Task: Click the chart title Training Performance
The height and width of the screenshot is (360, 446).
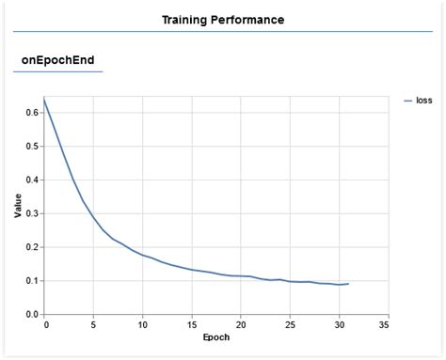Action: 223,20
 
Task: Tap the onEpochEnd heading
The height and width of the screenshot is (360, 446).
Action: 57,60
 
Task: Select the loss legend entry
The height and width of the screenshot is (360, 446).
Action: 423,101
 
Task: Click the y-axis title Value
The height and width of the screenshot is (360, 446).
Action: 18,206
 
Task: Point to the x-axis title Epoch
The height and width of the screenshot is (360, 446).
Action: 216,336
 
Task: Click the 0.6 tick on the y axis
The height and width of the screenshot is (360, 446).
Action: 33,113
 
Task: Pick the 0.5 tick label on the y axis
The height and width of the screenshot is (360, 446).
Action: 33,146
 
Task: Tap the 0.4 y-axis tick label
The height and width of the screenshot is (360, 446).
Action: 33,180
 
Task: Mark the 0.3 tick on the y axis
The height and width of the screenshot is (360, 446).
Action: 33,213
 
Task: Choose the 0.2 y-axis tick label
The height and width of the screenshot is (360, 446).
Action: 33,247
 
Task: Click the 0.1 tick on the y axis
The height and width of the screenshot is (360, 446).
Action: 33,280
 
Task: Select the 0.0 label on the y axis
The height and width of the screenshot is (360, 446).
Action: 33,314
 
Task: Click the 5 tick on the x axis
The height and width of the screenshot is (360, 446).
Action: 93,324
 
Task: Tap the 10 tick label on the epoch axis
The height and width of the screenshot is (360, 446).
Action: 142,324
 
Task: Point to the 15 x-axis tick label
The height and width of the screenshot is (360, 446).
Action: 192,324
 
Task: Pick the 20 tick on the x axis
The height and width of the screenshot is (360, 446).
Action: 241,324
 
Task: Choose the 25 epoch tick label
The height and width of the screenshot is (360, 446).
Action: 290,324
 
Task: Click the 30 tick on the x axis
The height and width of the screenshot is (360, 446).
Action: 339,324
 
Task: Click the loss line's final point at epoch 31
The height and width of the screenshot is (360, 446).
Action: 349,284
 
